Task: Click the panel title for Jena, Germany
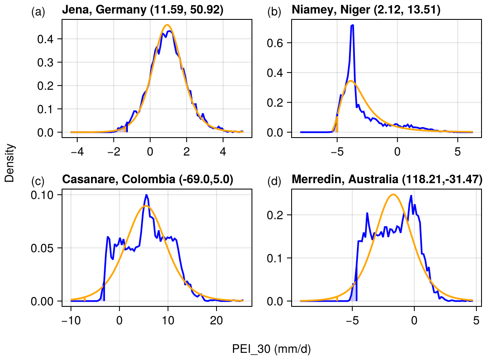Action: point(142,10)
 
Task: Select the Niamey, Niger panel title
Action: point(366,10)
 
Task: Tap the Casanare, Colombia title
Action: point(147,179)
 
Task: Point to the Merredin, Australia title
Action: point(387,179)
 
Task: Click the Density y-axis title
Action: point(9,163)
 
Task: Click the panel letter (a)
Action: point(38,12)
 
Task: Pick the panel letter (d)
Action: point(274,181)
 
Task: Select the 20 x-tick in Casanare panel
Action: point(216,319)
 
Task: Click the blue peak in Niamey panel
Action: point(352,25)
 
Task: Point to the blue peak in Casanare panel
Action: point(146,195)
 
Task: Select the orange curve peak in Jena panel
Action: point(167,25)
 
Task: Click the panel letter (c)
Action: point(38,181)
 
